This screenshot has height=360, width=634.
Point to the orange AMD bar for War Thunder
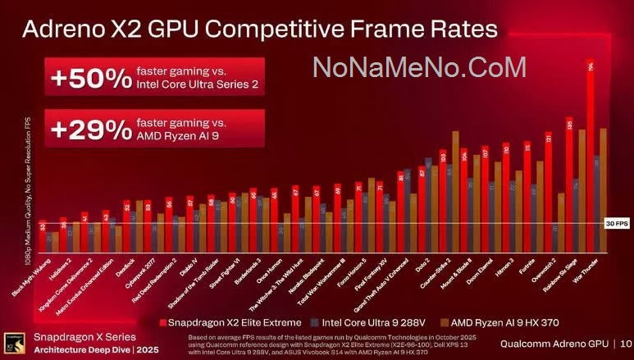point(603,189)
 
